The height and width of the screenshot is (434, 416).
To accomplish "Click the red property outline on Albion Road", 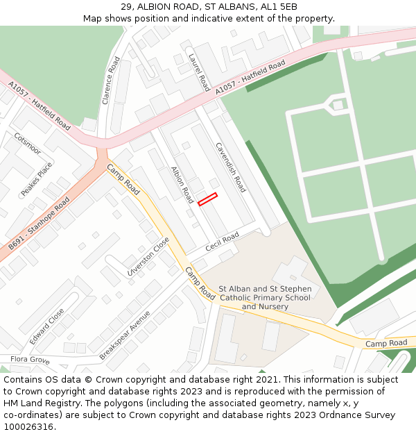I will coord(207,199).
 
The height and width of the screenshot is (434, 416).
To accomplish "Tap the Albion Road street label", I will coord(182,185).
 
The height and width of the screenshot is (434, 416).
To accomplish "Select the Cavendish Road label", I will coord(231,169).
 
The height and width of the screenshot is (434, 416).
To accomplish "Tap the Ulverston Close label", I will coord(148,257).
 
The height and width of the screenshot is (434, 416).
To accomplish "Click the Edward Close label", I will coord(47,326).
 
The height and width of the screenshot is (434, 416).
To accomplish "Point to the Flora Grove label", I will coord(30,360).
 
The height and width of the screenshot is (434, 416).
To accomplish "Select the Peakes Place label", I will coord(37,179).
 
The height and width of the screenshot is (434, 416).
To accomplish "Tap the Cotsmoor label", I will coord(27,144).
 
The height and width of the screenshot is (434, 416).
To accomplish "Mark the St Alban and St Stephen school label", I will coord(265,297).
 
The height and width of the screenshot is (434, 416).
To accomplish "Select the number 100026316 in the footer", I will coord(28,426).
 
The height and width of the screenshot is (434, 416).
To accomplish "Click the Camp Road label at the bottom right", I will coord(386,343).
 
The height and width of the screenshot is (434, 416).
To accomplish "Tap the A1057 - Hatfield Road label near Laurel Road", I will coord(250,77).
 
